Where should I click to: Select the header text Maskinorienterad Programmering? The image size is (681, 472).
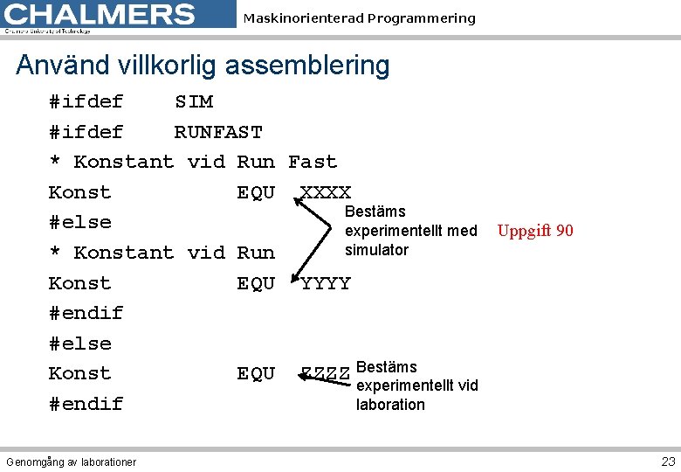359,18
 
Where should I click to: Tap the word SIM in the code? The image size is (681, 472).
193,102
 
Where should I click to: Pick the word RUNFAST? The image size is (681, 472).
218,133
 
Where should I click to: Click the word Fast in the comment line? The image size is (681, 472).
312,163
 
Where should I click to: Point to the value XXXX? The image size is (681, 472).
326,192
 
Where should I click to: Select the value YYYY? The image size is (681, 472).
326,283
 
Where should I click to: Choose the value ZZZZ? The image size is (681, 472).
326,374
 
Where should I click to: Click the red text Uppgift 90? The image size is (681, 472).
535,231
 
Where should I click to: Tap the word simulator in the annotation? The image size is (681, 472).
376,250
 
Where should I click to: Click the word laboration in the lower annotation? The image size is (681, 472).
390,405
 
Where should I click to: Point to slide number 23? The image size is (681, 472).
668,461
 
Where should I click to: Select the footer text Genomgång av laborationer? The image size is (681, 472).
71,462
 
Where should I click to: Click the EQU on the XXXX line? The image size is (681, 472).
256,192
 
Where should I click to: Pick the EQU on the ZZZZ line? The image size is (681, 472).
256,374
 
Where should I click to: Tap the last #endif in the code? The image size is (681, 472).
86,404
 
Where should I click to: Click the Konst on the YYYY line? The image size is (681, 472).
79,283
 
